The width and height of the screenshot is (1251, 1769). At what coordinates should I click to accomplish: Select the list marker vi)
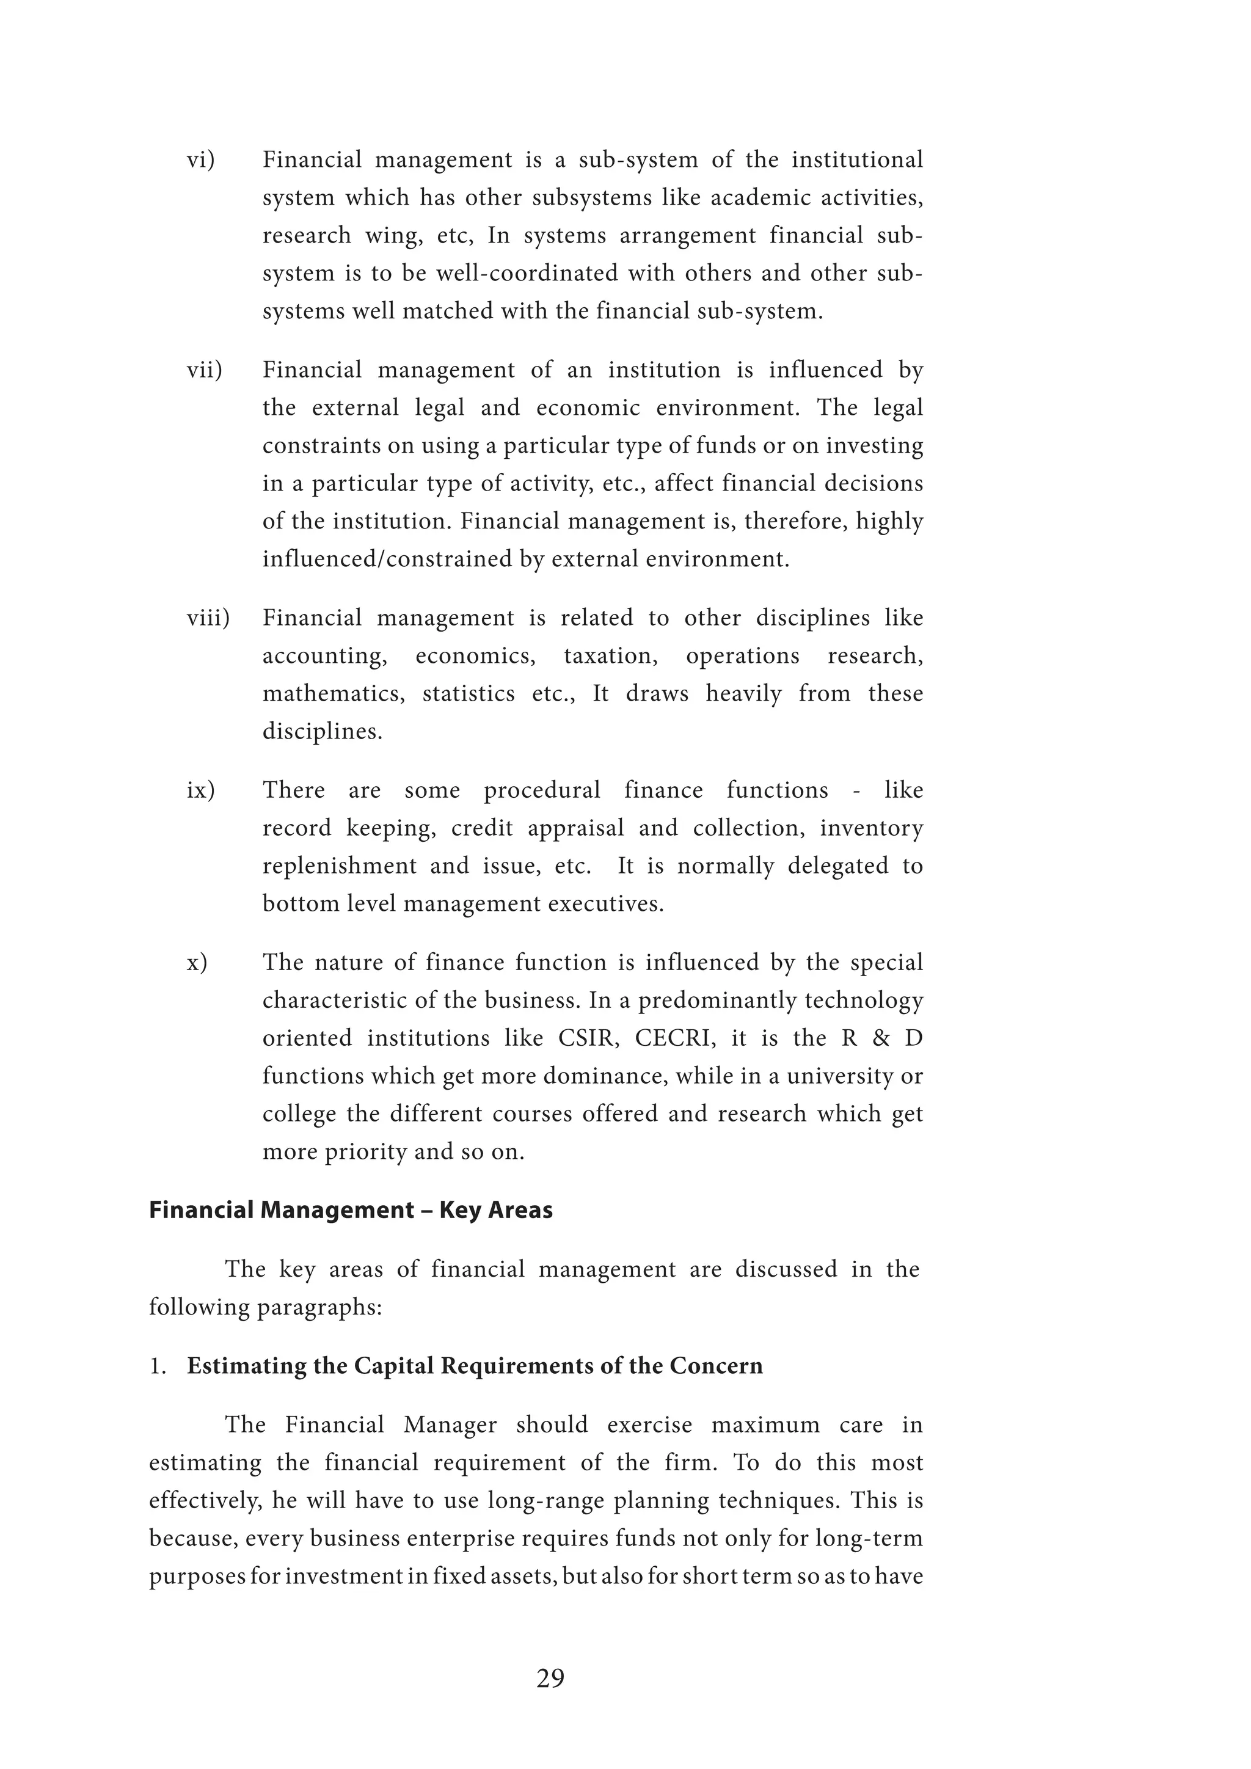(x=201, y=159)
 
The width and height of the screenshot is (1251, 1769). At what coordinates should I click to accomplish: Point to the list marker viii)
(x=208, y=618)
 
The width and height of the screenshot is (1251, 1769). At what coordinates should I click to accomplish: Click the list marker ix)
(x=200, y=790)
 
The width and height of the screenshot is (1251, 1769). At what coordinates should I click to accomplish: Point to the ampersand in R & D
(x=881, y=1038)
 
